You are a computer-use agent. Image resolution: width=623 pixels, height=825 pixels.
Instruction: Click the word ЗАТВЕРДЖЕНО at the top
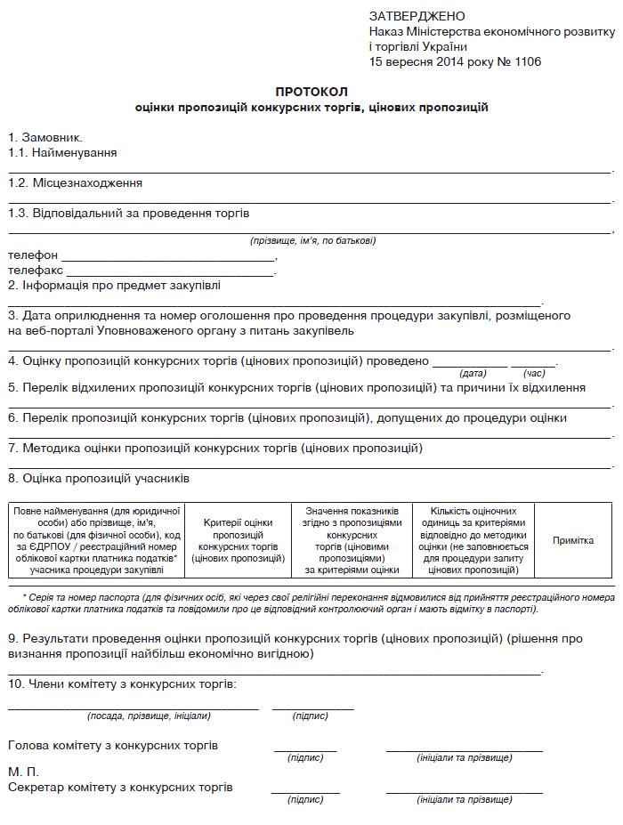[x=417, y=16]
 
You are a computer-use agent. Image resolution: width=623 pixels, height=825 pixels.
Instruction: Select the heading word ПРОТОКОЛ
[x=311, y=92]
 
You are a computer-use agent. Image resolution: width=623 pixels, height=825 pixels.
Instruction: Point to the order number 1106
[x=526, y=62]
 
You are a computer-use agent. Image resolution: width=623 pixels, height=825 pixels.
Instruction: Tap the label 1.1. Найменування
[x=62, y=153]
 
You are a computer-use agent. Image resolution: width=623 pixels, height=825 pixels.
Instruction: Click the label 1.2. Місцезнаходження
[x=75, y=182]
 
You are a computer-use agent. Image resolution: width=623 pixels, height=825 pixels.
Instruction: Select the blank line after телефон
[x=163, y=258]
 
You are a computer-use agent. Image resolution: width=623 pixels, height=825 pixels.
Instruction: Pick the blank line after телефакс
[x=170, y=272]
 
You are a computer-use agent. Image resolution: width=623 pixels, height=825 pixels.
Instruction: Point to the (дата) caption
[x=473, y=373]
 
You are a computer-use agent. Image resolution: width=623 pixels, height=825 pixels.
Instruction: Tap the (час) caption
[x=534, y=373]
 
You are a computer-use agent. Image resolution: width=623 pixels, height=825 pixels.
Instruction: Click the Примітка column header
[x=573, y=540]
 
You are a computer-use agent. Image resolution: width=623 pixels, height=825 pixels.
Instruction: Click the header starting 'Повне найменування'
[x=97, y=540]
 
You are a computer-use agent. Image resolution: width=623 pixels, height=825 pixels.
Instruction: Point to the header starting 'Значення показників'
[x=352, y=540]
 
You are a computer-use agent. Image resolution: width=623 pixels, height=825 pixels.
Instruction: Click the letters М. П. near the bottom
[x=23, y=772]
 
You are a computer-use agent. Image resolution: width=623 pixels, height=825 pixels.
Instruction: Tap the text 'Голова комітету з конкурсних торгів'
[x=113, y=746]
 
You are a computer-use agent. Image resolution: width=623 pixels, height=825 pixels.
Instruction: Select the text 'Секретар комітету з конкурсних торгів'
[x=120, y=788]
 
